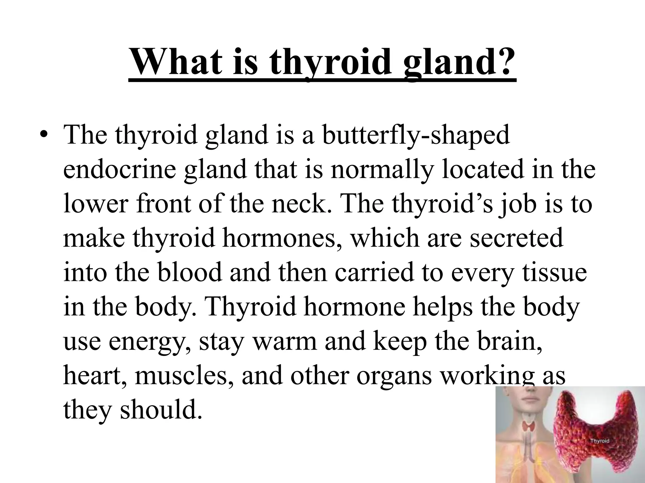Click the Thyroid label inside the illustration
(x=600, y=441)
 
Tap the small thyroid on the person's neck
(x=529, y=426)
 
